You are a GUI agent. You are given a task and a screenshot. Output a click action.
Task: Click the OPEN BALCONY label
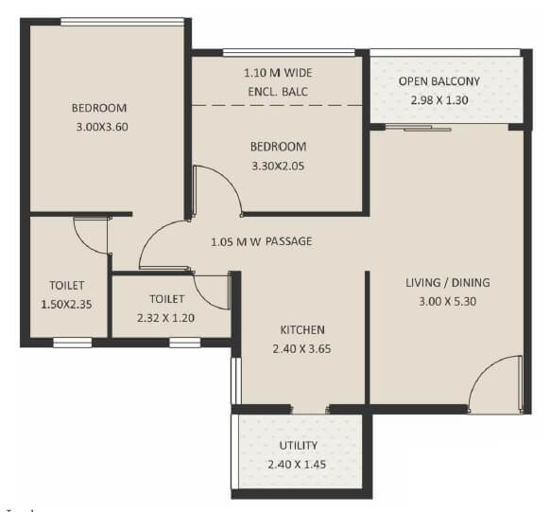[438, 81]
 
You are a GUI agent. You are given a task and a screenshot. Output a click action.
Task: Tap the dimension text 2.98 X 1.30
[438, 99]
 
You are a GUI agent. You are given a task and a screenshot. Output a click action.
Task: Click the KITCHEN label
[302, 329]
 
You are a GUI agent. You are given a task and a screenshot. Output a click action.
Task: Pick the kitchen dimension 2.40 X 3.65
[302, 347]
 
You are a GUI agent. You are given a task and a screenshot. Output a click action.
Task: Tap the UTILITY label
[298, 445]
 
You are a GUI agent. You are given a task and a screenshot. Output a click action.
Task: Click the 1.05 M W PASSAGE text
[262, 241]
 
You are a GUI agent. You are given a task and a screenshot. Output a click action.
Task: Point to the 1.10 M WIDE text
[278, 73]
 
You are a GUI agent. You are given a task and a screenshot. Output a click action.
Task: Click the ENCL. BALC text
[278, 91]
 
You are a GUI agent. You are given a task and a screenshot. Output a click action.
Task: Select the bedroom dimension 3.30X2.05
[278, 166]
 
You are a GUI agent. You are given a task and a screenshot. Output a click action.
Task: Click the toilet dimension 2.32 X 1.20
[165, 317]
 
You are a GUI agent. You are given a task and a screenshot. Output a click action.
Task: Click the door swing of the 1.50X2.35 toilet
[92, 235]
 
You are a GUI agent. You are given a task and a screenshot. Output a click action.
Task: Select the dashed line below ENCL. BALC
[278, 106]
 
